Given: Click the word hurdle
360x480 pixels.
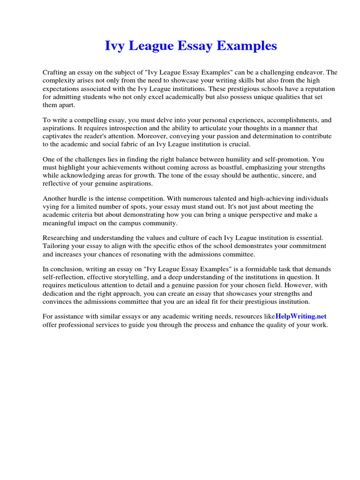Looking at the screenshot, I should tap(80, 198).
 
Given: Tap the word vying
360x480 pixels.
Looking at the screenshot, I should tap(51, 207).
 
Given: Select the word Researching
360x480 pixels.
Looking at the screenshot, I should tap(62, 238).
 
